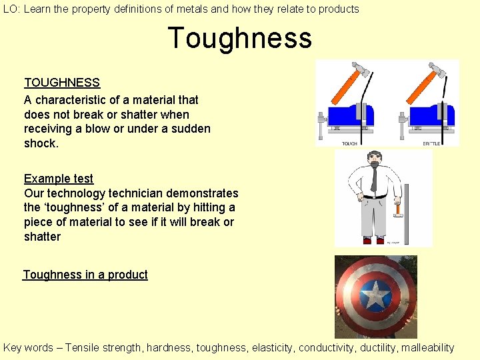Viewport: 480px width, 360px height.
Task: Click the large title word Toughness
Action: [239, 38]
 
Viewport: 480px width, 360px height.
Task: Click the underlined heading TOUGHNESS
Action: [62, 83]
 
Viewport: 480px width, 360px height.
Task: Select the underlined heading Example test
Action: [59, 179]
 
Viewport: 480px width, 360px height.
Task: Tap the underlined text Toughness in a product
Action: [85, 275]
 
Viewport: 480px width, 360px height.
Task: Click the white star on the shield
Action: [376, 294]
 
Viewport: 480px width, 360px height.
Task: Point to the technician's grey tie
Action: [374, 179]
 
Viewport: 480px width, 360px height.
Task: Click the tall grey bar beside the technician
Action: [410, 213]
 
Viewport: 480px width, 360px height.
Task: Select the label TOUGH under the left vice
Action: [349, 143]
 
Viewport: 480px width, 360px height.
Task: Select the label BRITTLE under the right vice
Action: [431, 143]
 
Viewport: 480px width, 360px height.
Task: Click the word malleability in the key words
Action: [425, 347]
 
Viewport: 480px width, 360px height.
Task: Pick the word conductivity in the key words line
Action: [330, 347]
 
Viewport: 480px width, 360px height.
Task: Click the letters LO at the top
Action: [9, 9]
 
